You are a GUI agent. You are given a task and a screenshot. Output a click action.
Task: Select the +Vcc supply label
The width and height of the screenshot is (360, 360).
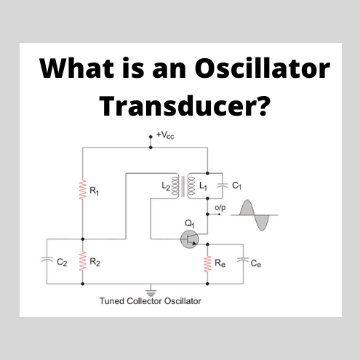tap(167, 135)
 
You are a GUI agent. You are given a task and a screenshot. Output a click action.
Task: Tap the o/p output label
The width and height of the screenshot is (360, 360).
tap(220, 208)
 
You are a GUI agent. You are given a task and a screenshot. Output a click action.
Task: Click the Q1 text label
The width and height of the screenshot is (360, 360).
tap(191, 223)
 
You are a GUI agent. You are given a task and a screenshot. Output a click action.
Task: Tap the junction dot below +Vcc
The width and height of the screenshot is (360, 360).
tap(151, 148)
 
